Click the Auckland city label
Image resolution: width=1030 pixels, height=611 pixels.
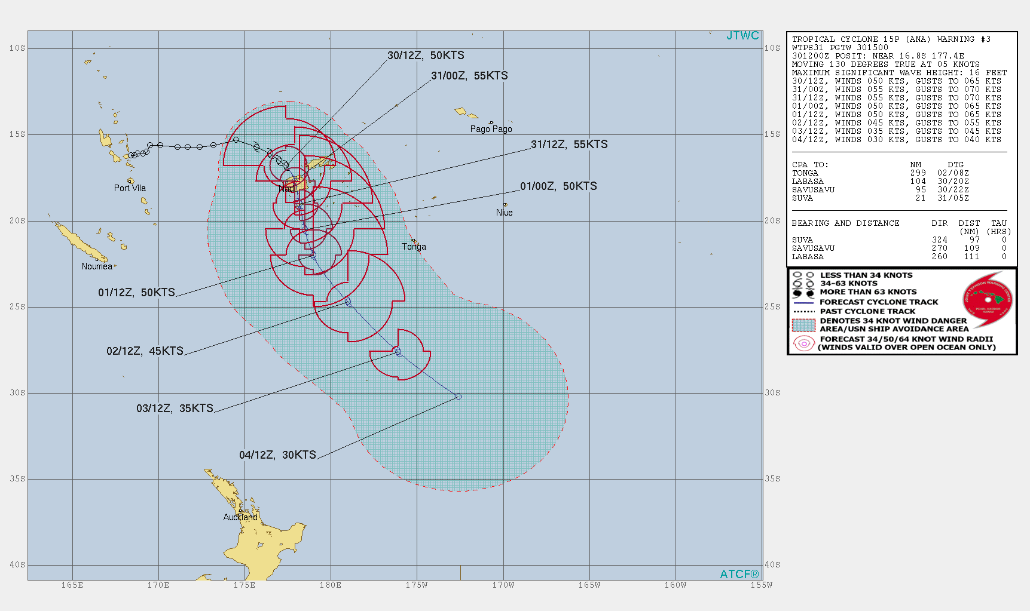240,517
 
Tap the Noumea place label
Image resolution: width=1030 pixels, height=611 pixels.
97,266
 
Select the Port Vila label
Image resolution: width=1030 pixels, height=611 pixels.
130,188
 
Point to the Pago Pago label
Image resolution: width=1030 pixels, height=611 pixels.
491,129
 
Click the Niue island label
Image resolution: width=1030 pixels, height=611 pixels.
504,213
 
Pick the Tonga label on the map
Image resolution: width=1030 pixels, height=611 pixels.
414,247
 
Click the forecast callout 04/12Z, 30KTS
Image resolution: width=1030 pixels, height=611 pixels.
277,455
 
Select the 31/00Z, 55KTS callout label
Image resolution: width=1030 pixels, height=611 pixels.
469,76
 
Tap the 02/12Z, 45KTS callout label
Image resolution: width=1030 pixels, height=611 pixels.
145,351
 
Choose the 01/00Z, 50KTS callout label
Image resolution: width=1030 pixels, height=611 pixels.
558,186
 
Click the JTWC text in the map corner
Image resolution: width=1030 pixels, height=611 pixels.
742,36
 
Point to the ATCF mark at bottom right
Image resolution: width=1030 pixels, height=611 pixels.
739,574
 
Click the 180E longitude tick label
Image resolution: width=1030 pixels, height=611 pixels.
331,585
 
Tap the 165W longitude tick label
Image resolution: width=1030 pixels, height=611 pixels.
589,585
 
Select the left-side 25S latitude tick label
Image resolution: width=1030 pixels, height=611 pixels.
17,307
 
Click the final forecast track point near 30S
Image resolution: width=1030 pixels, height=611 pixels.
458,397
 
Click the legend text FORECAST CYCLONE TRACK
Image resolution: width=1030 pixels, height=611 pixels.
879,302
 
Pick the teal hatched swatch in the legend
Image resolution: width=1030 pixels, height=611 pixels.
803,325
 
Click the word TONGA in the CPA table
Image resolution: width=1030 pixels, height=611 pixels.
805,173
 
